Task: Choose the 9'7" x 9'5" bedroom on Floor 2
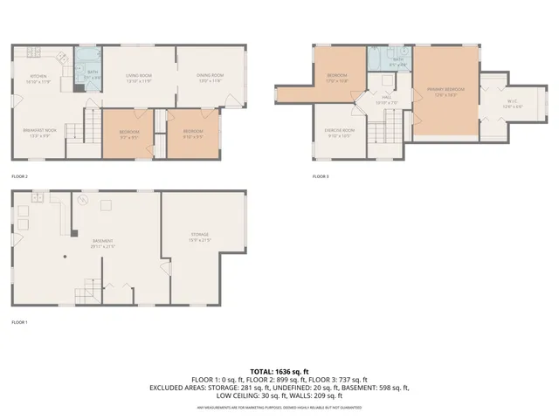(x=128, y=134)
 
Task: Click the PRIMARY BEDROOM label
(x=445, y=91)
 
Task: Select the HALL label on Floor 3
(x=385, y=100)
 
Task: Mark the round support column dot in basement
(x=66, y=257)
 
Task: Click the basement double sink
(x=38, y=200)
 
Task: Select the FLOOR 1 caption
(x=19, y=323)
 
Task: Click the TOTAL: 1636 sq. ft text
(x=279, y=372)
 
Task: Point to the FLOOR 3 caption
(x=321, y=176)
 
